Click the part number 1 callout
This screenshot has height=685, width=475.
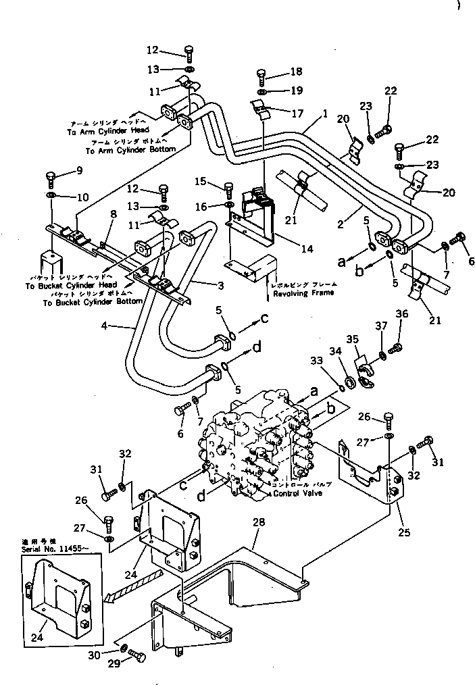tap(325, 114)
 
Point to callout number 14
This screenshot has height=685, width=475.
tap(307, 249)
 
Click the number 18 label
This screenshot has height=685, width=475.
tap(278, 72)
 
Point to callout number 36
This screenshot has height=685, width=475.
tap(402, 313)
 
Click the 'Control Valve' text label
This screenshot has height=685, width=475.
tap(298, 494)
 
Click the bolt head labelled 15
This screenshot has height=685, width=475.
tap(228, 186)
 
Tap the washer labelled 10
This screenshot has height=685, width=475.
tap(51, 196)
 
